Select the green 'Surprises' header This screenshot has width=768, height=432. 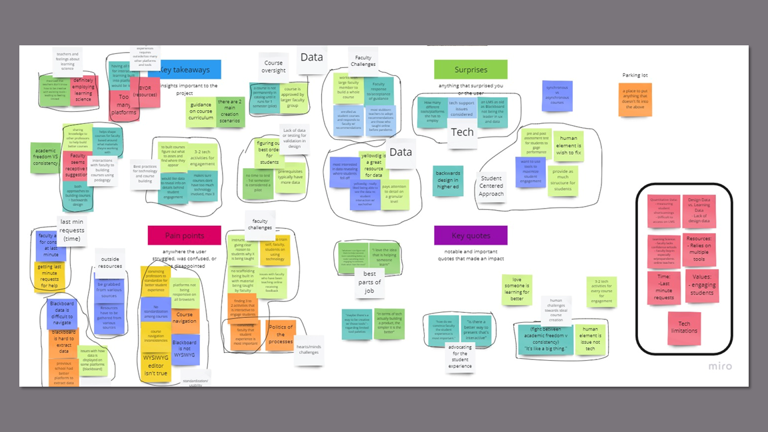471,69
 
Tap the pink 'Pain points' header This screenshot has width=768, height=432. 184,235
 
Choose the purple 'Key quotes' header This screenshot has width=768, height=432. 471,235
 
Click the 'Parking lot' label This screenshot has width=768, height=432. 635,75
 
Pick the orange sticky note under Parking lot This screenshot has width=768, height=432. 635,99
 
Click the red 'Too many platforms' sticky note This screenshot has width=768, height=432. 124,105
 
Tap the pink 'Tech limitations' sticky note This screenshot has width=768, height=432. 684,328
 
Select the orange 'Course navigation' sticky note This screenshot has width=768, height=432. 184,319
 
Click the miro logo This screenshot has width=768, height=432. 719,366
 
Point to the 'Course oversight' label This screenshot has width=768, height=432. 273,67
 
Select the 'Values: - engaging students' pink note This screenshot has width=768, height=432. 701,285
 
